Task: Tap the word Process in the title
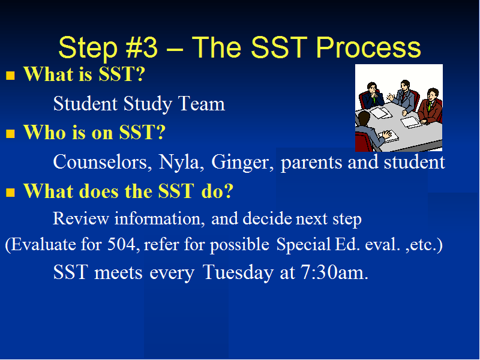[368, 47]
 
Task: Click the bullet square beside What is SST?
[10, 76]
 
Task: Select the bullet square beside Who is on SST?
[10, 133]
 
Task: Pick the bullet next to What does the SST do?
[10, 192]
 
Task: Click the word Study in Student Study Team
[148, 104]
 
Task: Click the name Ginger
[242, 163]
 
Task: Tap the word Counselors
[102, 162]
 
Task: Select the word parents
[311, 163]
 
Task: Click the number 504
[121, 244]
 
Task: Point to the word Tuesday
[238, 272]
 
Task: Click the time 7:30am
[334, 272]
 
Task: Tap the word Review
[81, 218]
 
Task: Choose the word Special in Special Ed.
[304, 245]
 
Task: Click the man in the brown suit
[430, 106]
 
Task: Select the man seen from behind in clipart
[370, 132]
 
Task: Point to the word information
[160, 218]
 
